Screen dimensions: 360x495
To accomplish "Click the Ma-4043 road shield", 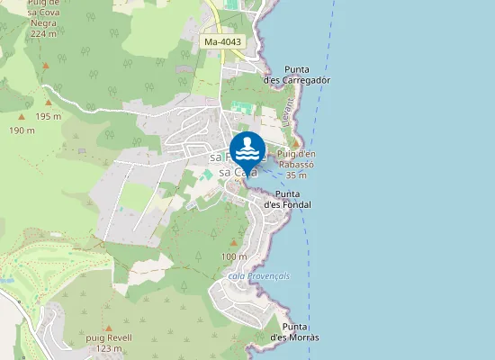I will (221, 42).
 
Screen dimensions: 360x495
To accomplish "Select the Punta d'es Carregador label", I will (296, 75).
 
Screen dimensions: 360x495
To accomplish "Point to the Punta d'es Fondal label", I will (288, 199).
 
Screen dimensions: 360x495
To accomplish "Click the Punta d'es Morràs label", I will (295, 331).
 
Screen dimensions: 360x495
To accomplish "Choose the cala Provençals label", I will (259, 276).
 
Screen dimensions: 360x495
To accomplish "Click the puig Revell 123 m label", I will (109, 342).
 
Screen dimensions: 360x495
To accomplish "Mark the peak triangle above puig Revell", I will (109, 328).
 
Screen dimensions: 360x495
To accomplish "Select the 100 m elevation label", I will (233, 256).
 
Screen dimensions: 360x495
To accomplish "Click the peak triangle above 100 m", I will (233, 243).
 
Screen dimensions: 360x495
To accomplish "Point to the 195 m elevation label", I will (48, 116).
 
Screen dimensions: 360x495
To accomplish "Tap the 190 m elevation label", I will (22, 130).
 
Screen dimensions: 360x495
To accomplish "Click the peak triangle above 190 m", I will (22, 117).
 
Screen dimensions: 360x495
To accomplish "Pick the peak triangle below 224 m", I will (42, 66).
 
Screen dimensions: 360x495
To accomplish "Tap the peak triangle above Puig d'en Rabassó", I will (294, 142).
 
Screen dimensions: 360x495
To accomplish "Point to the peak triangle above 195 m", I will (48, 103).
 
